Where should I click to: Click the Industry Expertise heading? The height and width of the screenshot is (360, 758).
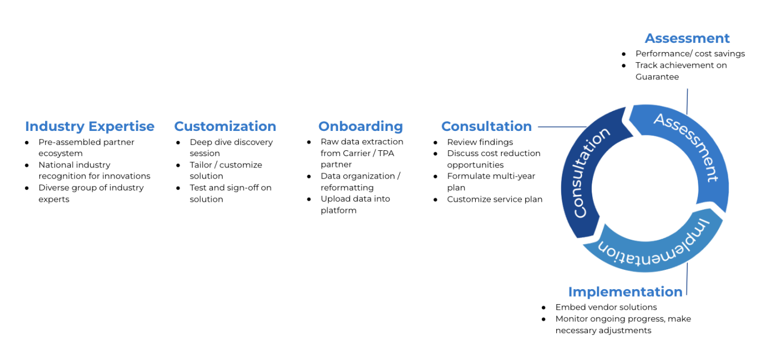click(90, 127)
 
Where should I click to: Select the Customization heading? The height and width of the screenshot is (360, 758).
click(225, 127)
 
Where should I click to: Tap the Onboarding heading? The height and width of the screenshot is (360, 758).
click(360, 127)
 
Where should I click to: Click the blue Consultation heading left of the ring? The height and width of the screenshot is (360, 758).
click(487, 127)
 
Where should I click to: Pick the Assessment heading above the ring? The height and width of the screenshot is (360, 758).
click(687, 39)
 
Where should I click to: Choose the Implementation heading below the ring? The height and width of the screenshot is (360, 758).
click(625, 292)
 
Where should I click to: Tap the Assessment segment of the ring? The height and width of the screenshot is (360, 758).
click(686, 147)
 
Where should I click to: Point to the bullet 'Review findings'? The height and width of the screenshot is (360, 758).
click(480, 142)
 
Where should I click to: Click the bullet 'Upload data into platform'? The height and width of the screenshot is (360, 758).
click(355, 204)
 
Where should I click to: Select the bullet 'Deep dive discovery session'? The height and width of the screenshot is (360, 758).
click(231, 148)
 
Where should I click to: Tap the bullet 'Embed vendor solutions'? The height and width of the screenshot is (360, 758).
click(606, 307)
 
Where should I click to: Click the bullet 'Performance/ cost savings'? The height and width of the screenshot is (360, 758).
click(690, 54)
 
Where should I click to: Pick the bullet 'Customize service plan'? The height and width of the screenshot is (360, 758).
click(495, 200)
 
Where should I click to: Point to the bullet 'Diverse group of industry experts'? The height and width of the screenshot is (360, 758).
click(91, 193)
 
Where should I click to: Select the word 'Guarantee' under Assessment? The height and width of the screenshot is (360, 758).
click(657, 77)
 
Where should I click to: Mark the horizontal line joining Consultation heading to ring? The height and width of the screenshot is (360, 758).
click(562, 127)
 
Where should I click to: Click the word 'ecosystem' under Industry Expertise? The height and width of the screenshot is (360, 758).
click(61, 153)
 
